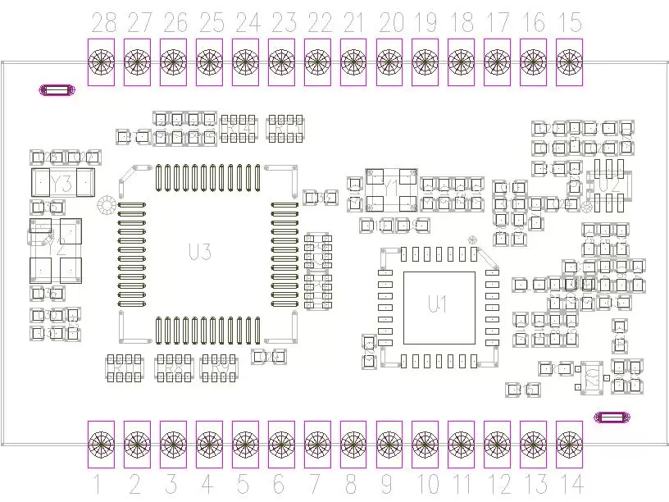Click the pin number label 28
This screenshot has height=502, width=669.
pos(103,23)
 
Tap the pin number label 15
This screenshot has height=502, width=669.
pos(569,23)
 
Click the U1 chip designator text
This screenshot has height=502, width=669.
pos(438,304)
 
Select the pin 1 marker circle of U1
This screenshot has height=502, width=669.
pos(472,240)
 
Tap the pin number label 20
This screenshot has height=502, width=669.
pos(391,23)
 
